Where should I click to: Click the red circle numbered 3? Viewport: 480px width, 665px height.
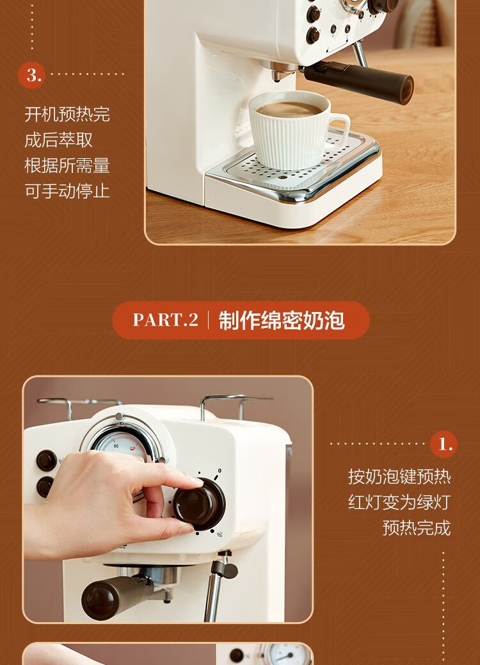tap(31, 75)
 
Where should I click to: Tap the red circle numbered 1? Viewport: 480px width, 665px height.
tap(444, 445)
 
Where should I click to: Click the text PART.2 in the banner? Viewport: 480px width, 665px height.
tap(166, 320)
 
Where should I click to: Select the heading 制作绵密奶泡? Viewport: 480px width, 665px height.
tap(282, 320)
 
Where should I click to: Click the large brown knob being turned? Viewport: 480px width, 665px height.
tap(199, 504)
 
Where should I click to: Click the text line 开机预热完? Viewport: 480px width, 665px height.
tap(67, 115)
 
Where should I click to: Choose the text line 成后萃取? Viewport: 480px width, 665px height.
tap(58, 140)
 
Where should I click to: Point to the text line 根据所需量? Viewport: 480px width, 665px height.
tap(67, 165)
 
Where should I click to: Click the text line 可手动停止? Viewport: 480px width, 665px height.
tap(67, 191)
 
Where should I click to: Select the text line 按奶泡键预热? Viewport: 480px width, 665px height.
tap(399, 477)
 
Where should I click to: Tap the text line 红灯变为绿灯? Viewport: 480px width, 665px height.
tap(399, 502)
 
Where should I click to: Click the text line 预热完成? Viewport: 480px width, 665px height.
tap(417, 528)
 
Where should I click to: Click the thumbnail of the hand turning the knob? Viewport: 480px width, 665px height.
tap(168, 500)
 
